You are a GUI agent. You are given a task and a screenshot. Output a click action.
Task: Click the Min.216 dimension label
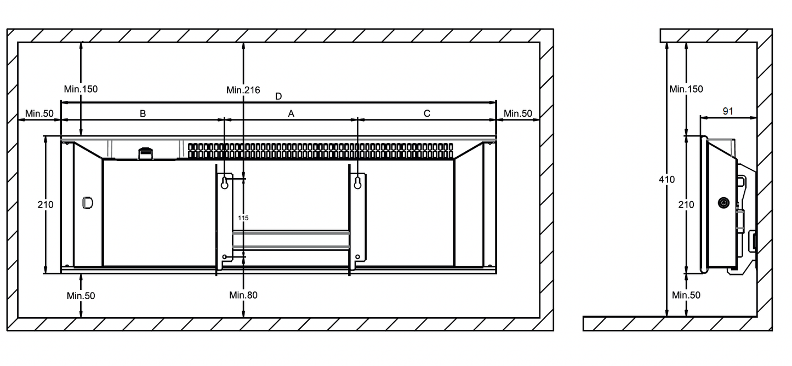click(243, 90)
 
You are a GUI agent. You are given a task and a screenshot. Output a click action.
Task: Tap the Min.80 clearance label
click(243, 295)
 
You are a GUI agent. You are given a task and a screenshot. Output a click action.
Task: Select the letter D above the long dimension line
click(278, 96)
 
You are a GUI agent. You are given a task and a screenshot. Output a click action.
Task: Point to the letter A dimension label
click(292, 113)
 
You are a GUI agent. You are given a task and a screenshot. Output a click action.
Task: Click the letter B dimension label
click(143, 113)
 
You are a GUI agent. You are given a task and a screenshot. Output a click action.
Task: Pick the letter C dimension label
click(427, 113)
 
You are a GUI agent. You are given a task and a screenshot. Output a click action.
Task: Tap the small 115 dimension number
click(243, 218)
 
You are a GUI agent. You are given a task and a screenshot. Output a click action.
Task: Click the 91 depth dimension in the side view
click(727, 111)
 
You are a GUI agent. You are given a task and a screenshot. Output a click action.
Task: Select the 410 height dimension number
click(666, 179)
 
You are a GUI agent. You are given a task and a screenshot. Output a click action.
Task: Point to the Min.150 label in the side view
click(686, 89)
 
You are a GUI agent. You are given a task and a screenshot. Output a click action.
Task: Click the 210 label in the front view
click(45, 204)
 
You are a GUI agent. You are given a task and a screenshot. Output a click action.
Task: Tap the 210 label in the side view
click(686, 204)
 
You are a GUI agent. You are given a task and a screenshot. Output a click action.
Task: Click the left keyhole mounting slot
click(224, 184)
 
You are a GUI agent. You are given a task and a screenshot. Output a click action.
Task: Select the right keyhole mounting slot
click(358, 183)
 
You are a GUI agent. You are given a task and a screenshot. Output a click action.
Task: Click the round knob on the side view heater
click(723, 203)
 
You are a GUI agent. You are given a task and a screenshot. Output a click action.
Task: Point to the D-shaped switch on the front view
click(87, 203)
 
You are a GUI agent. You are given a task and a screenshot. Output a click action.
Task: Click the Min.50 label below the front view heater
click(81, 296)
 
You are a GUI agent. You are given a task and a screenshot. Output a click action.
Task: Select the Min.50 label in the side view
click(686, 295)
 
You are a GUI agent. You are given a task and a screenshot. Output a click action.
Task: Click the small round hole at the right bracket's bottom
click(358, 256)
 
